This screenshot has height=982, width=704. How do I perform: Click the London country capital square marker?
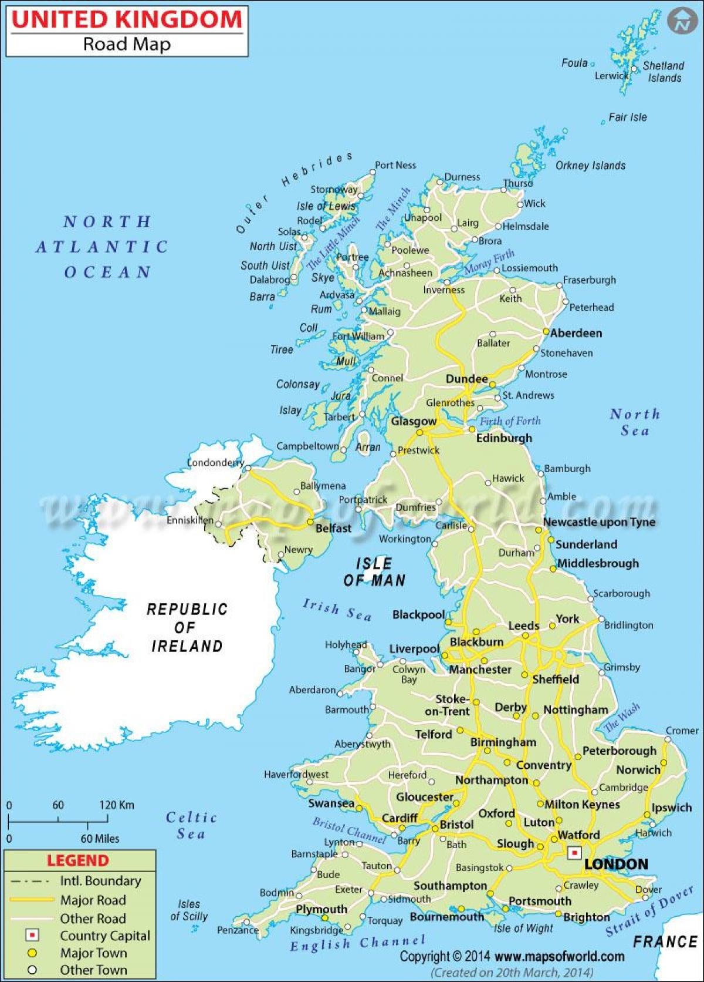coord(575,852)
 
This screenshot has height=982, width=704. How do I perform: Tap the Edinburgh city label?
coord(503,438)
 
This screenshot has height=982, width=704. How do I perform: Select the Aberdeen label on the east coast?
coord(576,333)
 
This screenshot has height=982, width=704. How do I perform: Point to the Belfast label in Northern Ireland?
coord(333,528)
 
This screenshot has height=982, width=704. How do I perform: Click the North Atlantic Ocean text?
coord(103,247)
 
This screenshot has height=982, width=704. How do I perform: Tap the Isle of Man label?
coord(374,572)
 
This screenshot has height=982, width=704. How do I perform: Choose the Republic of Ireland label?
coord(187,627)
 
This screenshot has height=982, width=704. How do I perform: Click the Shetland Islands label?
coord(664,72)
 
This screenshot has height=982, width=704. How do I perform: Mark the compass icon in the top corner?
coord(681,22)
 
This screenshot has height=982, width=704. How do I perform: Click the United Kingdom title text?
coord(127,19)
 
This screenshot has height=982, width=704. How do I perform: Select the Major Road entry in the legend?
coord(93,900)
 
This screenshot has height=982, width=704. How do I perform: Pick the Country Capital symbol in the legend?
coord(32,935)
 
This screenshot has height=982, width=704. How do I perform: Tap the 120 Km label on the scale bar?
coord(116,805)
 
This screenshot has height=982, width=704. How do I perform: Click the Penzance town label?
coord(238,930)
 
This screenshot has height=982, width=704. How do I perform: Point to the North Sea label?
coord(635,422)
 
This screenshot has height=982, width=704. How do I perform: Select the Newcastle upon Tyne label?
coord(598,522)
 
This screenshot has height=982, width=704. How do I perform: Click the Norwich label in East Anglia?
coord(638,769)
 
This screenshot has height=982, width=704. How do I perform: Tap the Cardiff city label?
coord(400,818)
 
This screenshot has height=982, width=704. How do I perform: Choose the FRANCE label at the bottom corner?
coord(664,941)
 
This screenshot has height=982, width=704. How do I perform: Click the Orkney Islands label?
coord(590,166)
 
